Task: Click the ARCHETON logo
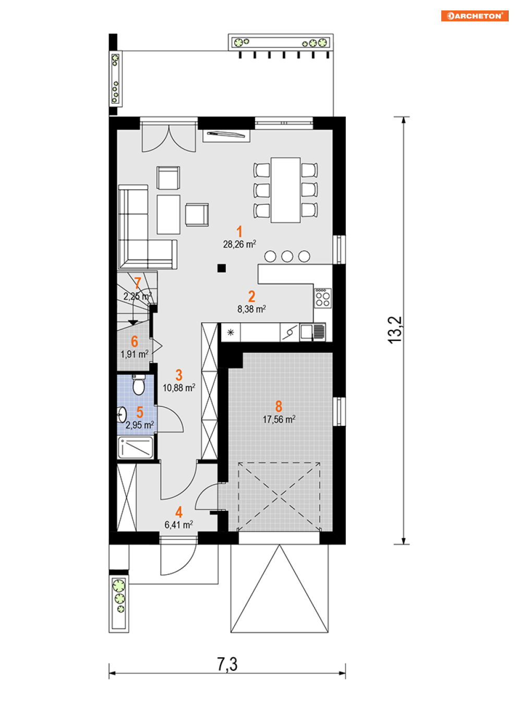(x=474, y=16)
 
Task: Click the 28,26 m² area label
(x=239, y=244)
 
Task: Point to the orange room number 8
(x=279, y=406)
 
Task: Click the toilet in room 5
(x=138, y=385)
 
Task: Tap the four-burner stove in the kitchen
(x=323, y=298)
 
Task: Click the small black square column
(x=222, y=268)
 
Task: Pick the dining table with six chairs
(x=285, y=190)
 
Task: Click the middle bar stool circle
(x=287, y=256)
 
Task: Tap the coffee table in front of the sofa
(x=168, y=215)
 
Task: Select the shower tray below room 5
(x=136, y=447)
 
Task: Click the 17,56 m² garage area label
(x=279, y=420)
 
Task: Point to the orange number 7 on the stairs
(x=137, y=283)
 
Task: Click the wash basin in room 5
(x=122, y=415)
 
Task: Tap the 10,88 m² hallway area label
(x=179, y=388)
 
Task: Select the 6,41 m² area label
(x=178, y=524)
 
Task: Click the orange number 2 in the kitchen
(x=251, y=297)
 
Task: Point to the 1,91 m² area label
(x=134, y=354)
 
